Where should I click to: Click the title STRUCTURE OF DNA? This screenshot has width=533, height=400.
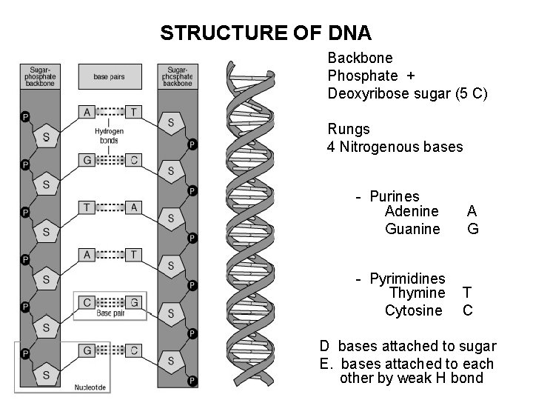266,33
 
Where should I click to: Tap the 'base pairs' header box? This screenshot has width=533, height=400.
109,76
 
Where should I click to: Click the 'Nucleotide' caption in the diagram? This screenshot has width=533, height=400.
90,386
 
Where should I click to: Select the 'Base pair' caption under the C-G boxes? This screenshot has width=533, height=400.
110,313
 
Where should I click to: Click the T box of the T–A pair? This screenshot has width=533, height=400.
87,207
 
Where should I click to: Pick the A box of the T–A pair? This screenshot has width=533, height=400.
133,207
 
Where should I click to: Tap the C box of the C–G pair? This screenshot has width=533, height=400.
87,301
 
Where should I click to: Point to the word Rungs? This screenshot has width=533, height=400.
349,130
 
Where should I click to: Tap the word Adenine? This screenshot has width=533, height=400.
412,212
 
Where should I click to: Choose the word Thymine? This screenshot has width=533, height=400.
417,293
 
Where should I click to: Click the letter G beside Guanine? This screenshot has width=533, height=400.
472,229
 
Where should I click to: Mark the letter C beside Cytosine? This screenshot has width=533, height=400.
468,310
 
